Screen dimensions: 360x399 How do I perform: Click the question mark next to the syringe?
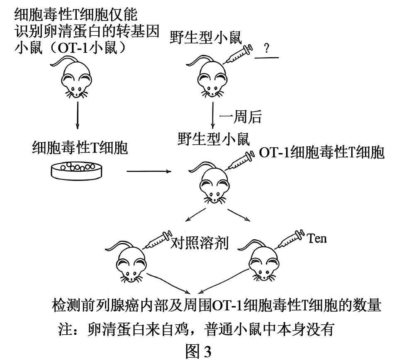(266, 48)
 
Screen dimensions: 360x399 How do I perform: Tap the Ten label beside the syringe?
(316, 238)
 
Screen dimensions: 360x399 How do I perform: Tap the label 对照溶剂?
(199, 242)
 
